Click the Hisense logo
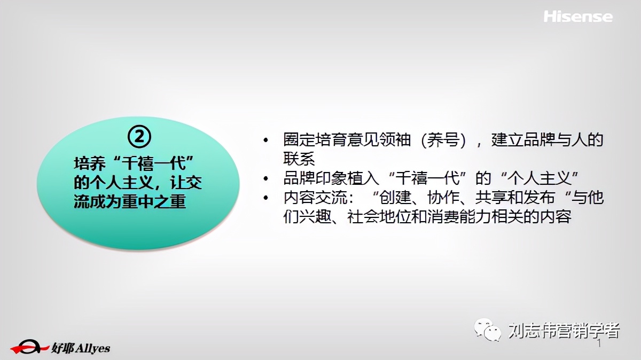[x=578, y=17]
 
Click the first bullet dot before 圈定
[x=266, y=140]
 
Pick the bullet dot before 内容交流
[x=266, y=198]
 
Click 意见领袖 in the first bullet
[x=379, y=140]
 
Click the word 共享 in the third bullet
[x=483, y=198]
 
